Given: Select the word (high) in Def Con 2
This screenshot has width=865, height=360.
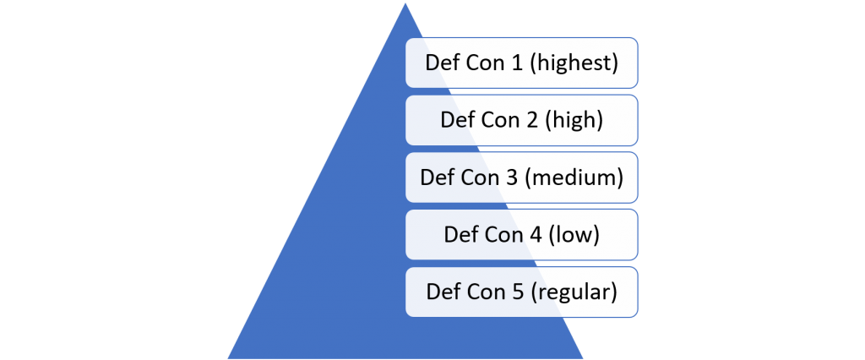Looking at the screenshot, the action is (x=574, y=120).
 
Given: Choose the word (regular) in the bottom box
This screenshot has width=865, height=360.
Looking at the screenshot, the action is (x=574, y=292).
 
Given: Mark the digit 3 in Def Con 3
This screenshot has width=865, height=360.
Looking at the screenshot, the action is (x=510, y=177).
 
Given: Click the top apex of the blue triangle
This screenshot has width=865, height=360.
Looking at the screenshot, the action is (x=405, y=3).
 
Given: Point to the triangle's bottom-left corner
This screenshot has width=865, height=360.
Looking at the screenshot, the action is (x=228, y=358).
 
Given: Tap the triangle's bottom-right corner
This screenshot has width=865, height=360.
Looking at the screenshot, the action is (x=583, y=358).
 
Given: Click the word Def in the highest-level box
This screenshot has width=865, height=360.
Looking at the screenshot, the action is (x=440, y=63).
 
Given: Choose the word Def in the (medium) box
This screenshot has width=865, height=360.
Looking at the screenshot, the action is (x=435, y=177).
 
